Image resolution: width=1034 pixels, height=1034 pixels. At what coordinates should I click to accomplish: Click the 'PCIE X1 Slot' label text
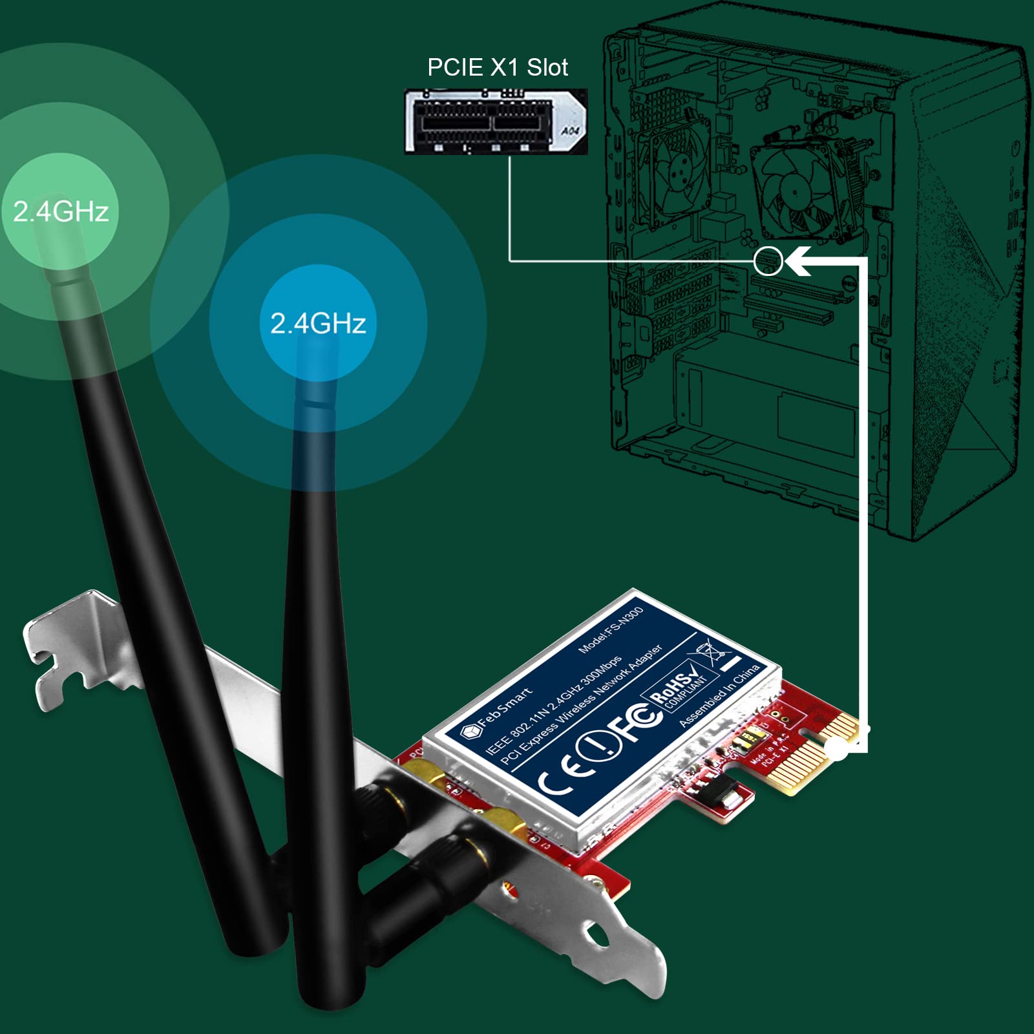pos(497,67)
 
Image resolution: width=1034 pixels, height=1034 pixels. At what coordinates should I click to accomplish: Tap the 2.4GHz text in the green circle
pos(61,211)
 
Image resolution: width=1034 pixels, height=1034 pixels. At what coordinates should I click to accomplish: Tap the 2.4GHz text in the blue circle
pos(318,323)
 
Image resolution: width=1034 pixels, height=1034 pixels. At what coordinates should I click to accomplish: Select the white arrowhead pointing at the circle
pos(797,261)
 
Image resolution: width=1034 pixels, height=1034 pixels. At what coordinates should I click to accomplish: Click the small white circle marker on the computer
pos(768,261)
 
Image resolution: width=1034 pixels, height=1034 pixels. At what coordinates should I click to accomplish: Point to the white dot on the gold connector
pos(838,750)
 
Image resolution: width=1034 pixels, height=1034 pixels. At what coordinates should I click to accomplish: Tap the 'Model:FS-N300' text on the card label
pos(611,629)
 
